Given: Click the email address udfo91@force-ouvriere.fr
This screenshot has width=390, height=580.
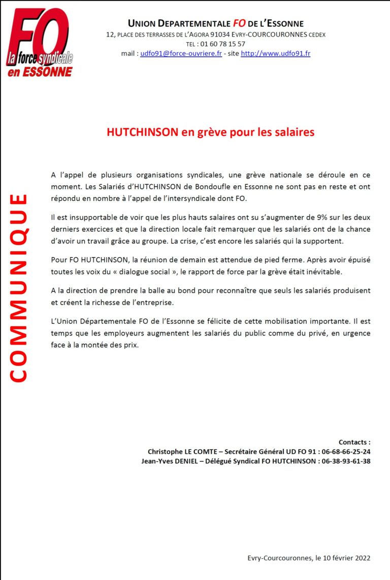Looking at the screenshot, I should coord(181,53).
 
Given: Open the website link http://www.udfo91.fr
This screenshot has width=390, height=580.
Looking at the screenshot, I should coord(275,53).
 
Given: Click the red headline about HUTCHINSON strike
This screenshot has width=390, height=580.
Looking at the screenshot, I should coord(210,132).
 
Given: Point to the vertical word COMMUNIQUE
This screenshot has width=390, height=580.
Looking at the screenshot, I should coord(18,287).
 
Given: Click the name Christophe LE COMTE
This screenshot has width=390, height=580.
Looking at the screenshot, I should coord(180,452).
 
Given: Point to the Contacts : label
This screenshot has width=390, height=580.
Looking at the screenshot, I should coord(354,442).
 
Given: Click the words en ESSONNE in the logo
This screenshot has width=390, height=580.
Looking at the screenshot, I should coord(40,72).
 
